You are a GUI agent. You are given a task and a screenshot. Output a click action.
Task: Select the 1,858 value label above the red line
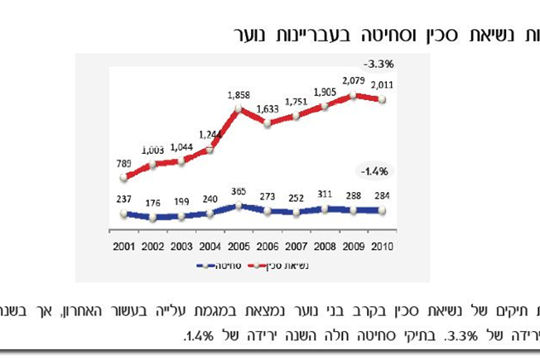pos(239,95)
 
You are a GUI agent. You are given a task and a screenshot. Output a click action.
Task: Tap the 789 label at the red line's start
pos(123,163)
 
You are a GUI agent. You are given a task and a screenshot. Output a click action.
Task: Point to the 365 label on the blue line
pos(239,191)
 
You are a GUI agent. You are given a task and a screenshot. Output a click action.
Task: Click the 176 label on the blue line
pos(152,202)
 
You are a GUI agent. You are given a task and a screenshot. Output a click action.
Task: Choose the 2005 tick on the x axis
pos(239,246)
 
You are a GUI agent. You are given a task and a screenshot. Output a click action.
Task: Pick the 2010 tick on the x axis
pos(382,246)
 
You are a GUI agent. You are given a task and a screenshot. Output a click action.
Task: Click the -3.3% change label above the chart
pos(377,63)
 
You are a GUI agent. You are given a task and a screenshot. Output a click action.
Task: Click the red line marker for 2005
pos(239,108)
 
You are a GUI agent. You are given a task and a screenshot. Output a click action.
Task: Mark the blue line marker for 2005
pos(239,206)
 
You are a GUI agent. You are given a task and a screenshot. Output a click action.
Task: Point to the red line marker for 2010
pos(382,99)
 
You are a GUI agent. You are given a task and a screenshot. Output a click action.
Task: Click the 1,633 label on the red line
pos(268,108)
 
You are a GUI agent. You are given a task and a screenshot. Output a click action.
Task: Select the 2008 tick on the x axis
pos(325,246)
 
